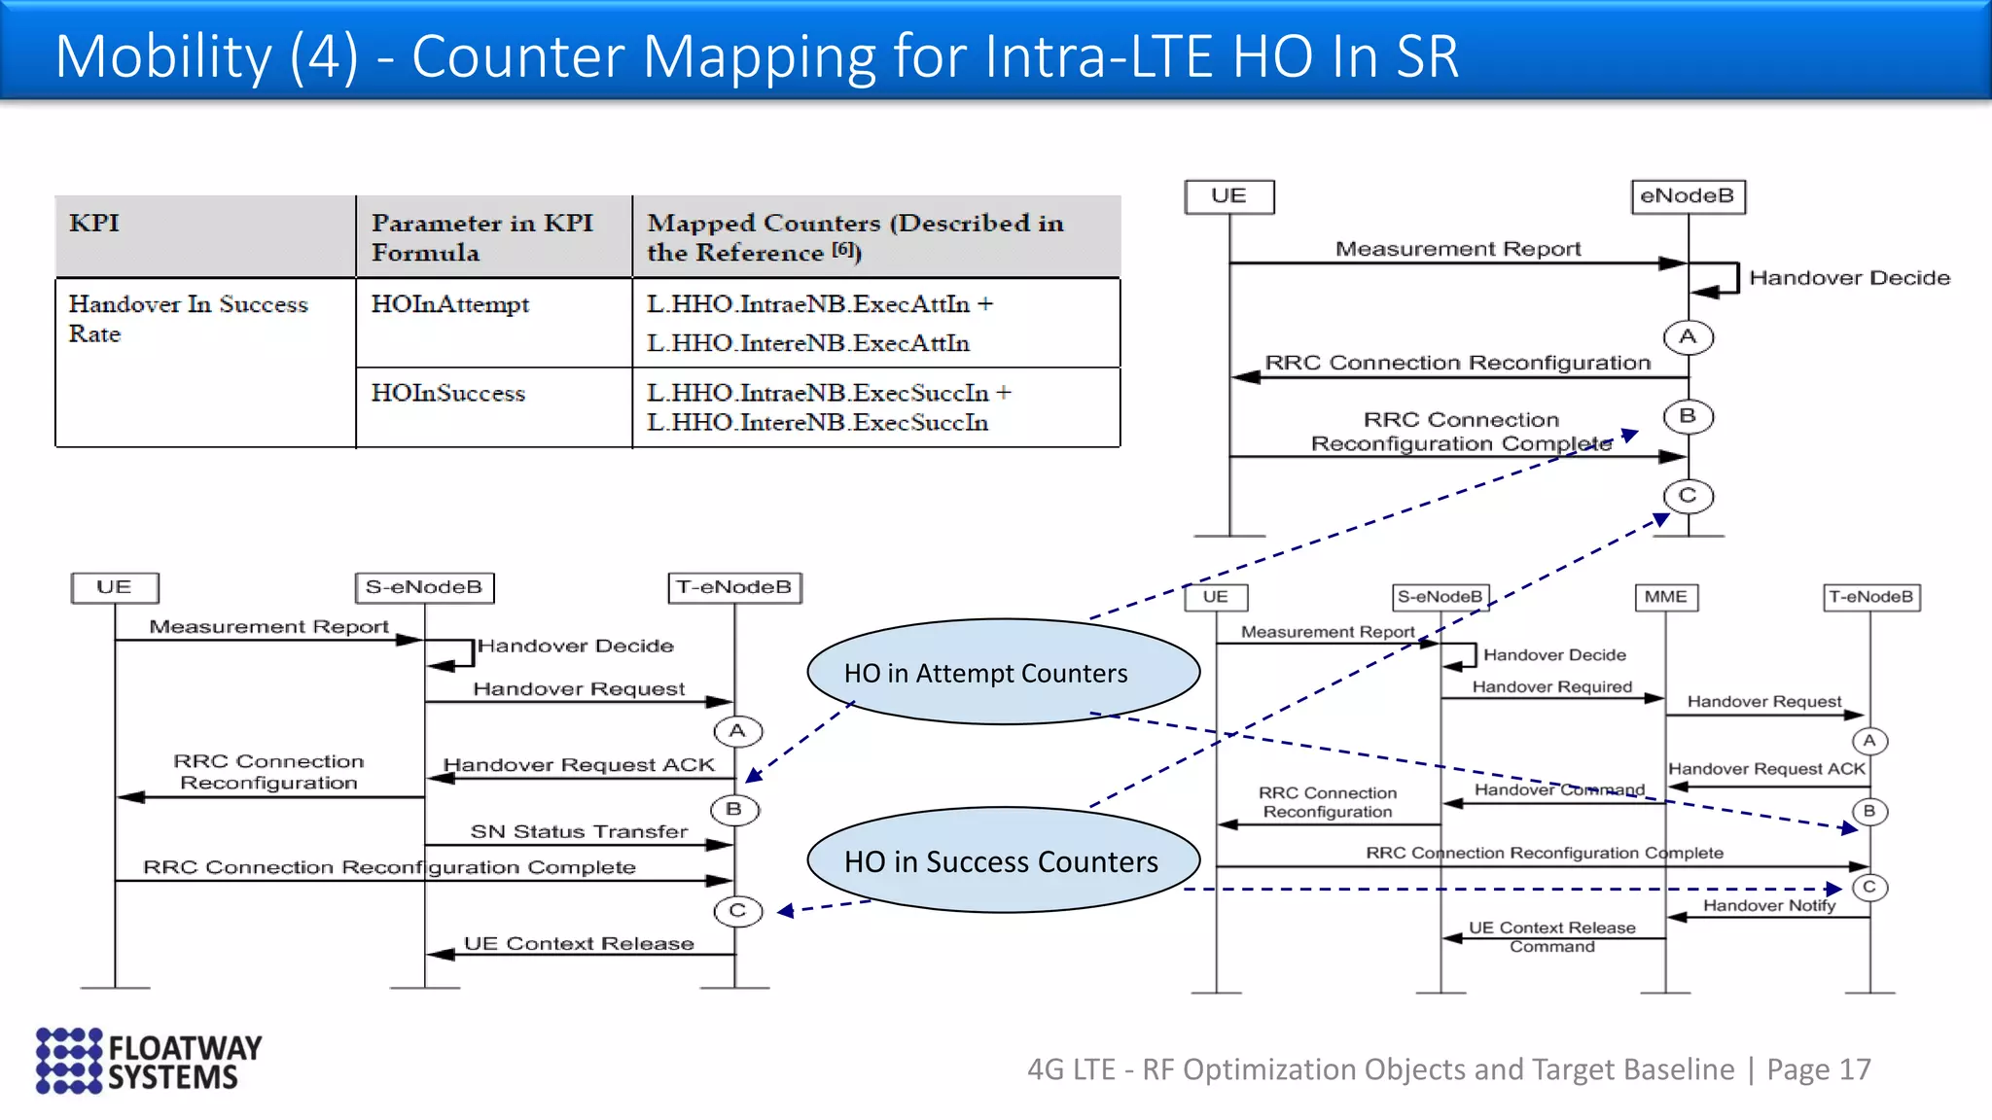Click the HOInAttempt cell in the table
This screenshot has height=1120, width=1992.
449,305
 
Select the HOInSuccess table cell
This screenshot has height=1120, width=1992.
447,394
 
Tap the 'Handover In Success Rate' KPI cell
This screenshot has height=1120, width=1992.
188,319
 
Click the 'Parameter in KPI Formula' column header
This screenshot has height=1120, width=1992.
481,237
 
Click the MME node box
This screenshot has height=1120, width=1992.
1665,597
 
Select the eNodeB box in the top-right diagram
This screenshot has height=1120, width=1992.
1687,196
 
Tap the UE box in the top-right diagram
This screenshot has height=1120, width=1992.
1228,196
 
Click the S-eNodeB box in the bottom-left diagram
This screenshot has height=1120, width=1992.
424,587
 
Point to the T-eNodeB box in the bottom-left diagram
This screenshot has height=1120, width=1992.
734,587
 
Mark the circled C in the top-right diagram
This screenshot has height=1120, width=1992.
1688,496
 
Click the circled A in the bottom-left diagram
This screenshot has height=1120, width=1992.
737,731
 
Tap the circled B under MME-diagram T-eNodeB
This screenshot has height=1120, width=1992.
1868,811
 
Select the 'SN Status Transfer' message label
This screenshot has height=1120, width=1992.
579,831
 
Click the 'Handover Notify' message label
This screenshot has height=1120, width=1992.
1768,905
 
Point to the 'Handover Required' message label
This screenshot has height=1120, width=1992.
1551,686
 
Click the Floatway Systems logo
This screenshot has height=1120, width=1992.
149,1061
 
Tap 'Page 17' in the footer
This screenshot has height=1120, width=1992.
1818,1069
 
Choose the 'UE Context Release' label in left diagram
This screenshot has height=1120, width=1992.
579,943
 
